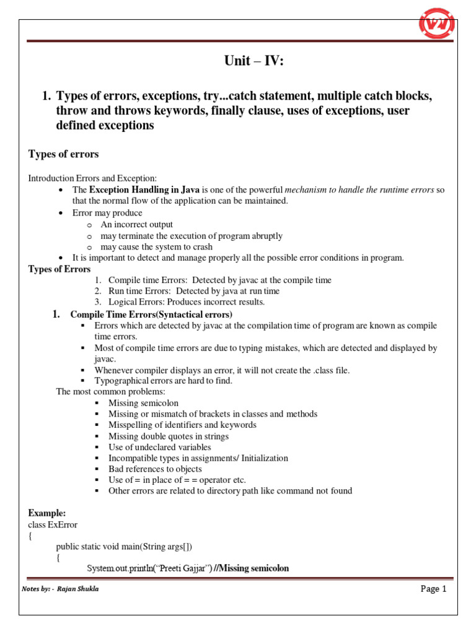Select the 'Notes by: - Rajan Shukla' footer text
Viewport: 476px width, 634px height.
[x=60, y=589]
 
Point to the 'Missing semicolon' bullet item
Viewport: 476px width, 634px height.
[x=143, y=403]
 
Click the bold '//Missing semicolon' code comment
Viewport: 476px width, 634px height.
[x=251, y=568]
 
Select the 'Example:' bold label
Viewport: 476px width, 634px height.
[x=47, y=514]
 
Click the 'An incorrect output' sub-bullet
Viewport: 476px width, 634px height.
[x=137, y=225]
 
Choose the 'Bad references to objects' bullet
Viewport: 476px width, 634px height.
[x=155, y=469]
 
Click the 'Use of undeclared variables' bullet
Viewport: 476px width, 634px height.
[x=159, y=447]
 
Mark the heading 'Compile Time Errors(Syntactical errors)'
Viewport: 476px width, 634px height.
[x=151, y=315]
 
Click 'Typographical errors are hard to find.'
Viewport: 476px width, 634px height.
[x=163, y=381]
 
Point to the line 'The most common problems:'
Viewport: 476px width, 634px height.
[x=111, y=392]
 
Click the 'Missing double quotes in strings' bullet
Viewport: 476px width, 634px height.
[x=168, y=436]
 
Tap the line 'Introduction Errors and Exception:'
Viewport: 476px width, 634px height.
[x=93, y=178]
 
